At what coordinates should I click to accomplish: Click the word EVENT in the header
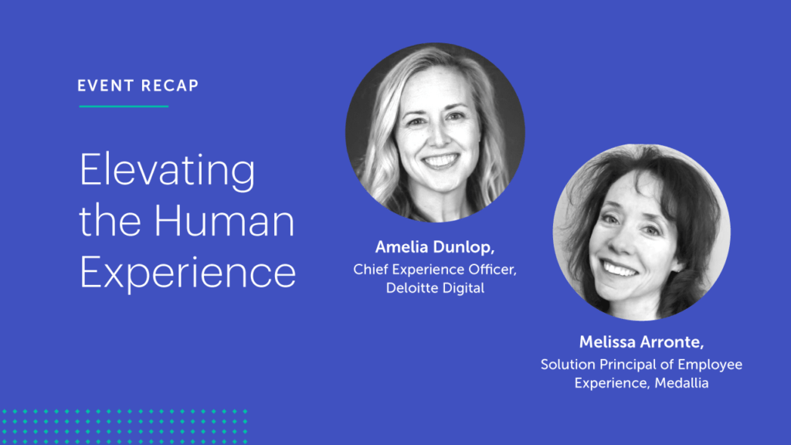click(x=105, y=86)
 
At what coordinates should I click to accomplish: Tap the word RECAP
click(x=170, y=86)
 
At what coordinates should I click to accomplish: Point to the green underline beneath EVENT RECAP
click(x=124, y=107)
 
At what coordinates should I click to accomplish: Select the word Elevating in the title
click(x=168, y=172)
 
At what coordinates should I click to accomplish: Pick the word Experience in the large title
click(x=188, y=273)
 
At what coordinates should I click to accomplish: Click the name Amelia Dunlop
click(x=434, y=247)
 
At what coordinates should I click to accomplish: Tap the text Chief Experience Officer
click(x=435, y=270)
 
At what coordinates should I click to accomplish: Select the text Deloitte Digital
click(x=435, y=288)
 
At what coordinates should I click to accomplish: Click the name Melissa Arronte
click(x=641, y=342)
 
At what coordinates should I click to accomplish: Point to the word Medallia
click(x=681, y=383)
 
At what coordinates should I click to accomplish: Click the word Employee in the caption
click(x=710, y=365)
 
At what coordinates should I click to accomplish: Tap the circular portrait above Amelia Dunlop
click(x=435, y=133)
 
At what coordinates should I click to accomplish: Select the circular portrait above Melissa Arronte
click(x=642, y=233)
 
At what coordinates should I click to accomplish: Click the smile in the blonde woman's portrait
click(x=440, y=161)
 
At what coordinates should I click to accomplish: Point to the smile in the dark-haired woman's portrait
click(x=620, y=268)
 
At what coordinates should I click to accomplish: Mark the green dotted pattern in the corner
click(x=124, y=426)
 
